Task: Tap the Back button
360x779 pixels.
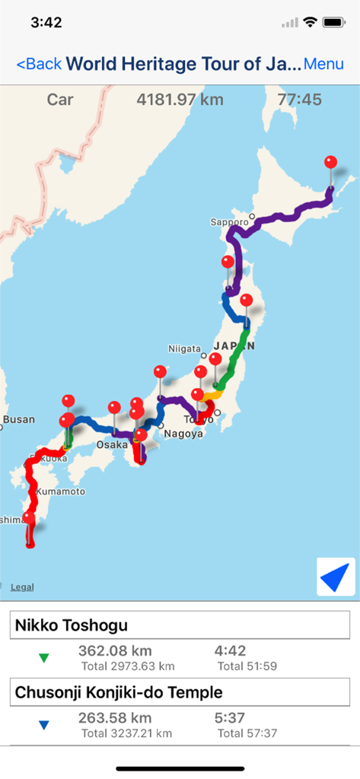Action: tap(39, 64)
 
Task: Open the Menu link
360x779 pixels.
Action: tap(323, 64)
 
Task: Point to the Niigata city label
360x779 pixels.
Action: tap(184, 348)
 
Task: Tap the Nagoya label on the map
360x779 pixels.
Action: tap(183, 434)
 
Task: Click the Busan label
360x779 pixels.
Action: tap(18, 419)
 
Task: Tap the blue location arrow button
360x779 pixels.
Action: tap(336, 577)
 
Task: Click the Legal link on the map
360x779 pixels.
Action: tap(22, 587)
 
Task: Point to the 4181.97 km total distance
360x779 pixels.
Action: tap(174, 100)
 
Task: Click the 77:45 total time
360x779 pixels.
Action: tap(299, 100)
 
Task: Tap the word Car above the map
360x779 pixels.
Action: tap(60, 100)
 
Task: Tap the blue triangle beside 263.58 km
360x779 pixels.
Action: tap(44, 726)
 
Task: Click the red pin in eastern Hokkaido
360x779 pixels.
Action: tap(330, 163)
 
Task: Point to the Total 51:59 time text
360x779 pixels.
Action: tap(247, 666)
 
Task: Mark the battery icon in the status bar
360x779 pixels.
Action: tap(333, 23)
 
